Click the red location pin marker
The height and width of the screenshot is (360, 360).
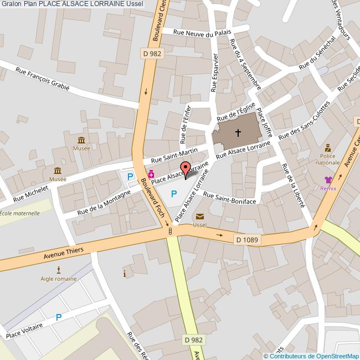[186, 169]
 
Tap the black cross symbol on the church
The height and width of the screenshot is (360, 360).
[238, 133]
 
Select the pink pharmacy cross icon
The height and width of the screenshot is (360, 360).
[151, 174]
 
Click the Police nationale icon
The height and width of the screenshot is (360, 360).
[328, 148]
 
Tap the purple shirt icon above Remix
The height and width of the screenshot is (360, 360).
[328, 179]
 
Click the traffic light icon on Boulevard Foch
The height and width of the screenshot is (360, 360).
[170, 231]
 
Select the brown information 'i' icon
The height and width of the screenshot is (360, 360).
[125, 274]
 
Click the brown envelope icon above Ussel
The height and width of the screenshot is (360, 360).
[199, 217]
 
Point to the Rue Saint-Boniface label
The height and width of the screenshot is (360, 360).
[229, 198]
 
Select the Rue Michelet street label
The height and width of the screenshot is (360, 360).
[31, 192]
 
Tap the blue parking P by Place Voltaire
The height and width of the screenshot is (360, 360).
[58, 317]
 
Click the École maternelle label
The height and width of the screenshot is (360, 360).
[20, 213]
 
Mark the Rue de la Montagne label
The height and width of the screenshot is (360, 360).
[104, 202]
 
